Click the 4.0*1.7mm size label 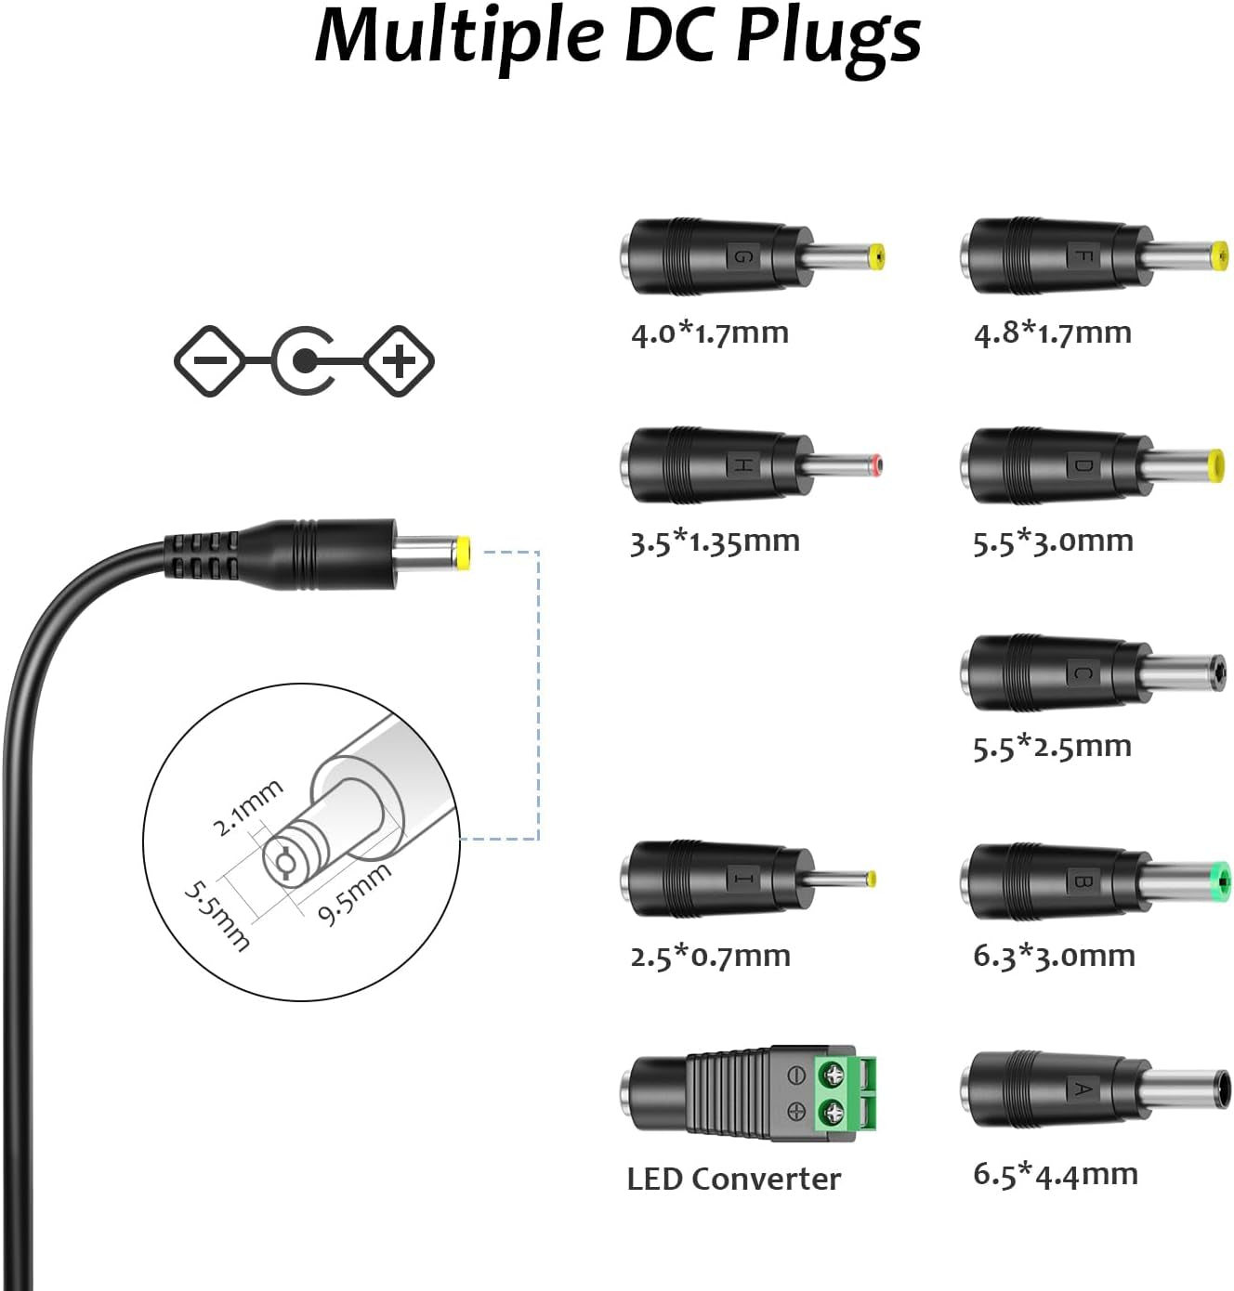(x=709, y=333)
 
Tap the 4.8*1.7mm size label (x=1052, y=333)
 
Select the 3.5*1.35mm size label (x=715, y=541)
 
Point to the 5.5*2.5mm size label (x=1052, y=747)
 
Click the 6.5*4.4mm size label (x=1055, y=1174)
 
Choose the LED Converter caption (x=733, y=1179)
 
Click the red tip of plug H (x=876, y=464)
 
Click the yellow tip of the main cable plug (x=462, y=554)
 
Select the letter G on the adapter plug (x=742, y=256)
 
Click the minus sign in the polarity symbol (x=210, y=361)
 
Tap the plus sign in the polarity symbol (x=400, y=361)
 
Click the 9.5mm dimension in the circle (x=354, y=893)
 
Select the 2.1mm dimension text (x=246, y=807)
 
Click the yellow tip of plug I (x=871, y=879)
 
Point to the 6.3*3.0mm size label (x=1054, y=956)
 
